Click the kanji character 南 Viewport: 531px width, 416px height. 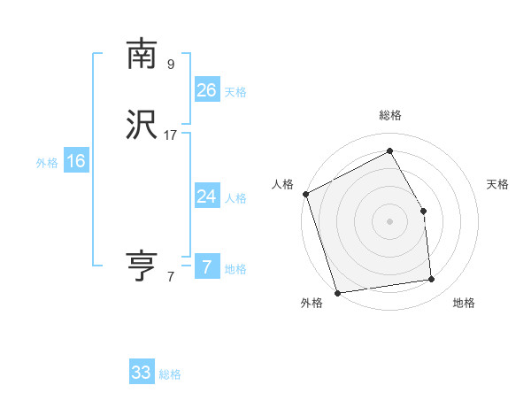pos(142,54)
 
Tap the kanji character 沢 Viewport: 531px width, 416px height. pos(142,125)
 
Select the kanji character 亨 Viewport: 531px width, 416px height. pos(142,266)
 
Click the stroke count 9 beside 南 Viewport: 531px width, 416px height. pos(171,64)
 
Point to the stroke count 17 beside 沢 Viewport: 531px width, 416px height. pos(171,135)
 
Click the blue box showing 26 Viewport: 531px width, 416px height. pos(207,89)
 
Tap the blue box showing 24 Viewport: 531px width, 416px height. pos(207,196)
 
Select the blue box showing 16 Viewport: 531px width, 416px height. pos(76,161)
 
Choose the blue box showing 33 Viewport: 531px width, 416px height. pos(142,373)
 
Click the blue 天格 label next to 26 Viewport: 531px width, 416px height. pos(235,92)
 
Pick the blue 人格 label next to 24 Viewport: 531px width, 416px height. pos(235,198)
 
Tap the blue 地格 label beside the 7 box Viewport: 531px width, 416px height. pos(235,269)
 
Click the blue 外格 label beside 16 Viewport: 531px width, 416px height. pos(47,163)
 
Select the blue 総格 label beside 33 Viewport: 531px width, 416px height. pos(170,374)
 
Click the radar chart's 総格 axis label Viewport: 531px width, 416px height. pos(390,116)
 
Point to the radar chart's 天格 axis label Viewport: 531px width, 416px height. pos(498,184)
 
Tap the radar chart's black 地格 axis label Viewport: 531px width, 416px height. pos(464,303)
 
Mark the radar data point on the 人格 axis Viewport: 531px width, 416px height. pos(305,194)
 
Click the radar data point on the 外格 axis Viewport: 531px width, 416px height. pos(337,291)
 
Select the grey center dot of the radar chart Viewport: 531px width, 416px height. pos(390,221)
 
